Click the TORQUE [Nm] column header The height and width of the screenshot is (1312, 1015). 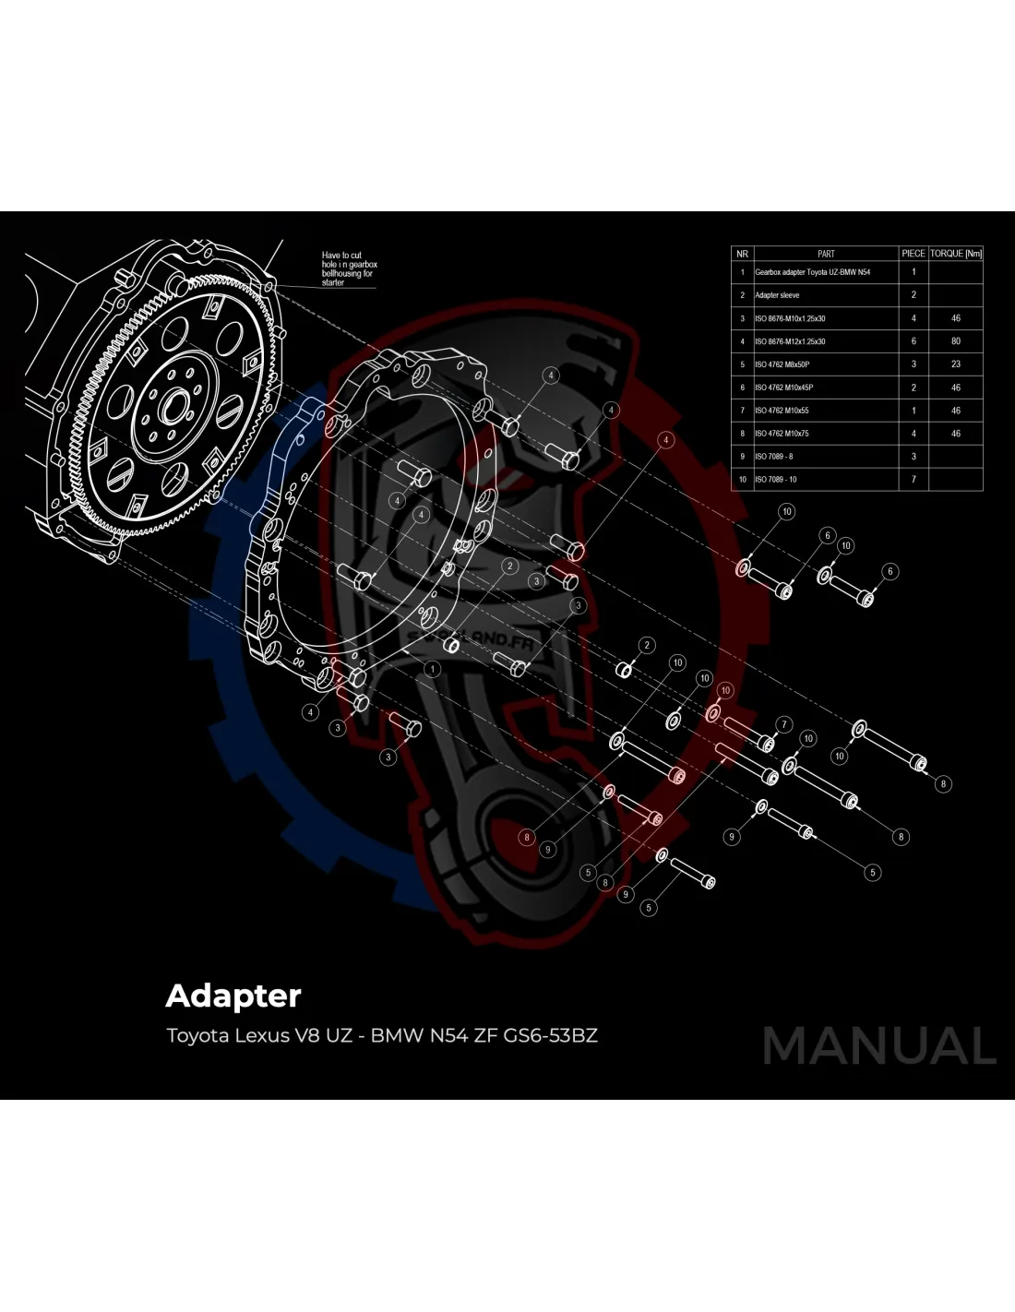[x=955, y=253]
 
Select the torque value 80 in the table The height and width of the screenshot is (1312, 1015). [x=955, y=341]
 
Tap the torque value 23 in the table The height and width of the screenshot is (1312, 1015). [x=955, y=364]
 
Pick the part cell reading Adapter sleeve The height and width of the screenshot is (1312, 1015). [x=777, y=295]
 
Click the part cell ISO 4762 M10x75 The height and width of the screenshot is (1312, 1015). [x=782, y=434]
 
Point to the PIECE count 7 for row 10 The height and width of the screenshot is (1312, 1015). [x=913, y=480]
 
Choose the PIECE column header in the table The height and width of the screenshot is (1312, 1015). [x=913, y=253]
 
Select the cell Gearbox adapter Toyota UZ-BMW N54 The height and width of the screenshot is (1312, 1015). [x=812, y=272]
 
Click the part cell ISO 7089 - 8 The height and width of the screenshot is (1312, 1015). [x=774, y=457]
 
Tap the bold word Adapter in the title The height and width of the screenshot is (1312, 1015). [x=233, y=996]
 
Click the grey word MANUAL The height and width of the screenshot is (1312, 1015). [x=879, y=1046]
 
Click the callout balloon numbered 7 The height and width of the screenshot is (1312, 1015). [x=784, y=723]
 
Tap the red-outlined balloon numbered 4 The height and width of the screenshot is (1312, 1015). [x=665, y=441]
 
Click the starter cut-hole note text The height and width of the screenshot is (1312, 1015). [x=349, y=268]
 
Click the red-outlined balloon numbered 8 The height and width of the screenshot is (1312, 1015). [x=527, y=838]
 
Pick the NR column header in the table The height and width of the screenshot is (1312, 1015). [x=742, y=253]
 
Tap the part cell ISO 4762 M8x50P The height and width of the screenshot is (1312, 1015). [x=782, y=364]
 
